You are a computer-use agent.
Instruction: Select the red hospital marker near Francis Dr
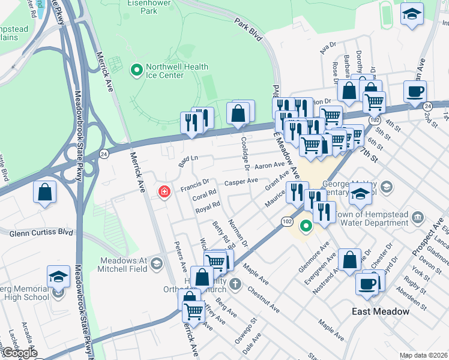click(163, 192)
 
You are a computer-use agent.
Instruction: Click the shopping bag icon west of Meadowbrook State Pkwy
click(45, 193)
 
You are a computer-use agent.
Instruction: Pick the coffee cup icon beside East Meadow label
click(366, 284)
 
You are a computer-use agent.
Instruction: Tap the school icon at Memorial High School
click(58, 277)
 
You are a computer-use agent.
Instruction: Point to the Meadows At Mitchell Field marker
click(156, 263)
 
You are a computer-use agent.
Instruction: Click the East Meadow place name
click(380, 311)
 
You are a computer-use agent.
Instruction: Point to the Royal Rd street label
click(208, 208)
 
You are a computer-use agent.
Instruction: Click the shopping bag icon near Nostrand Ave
click(349, 261)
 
